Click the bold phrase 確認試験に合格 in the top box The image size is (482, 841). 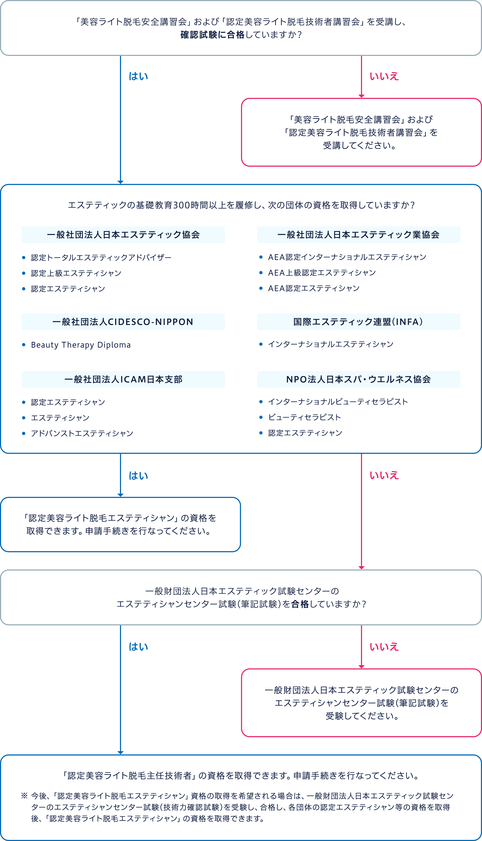[x=212, y=35]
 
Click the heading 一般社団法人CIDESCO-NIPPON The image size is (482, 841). [x=123, y=322]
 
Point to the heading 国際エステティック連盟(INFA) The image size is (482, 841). [x=358, y=322]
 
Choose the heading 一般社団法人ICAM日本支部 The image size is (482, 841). [x=123, y=379]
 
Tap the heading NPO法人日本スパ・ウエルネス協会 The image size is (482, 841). [x=359, y=379]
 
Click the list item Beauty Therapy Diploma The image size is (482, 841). [x=81, y=345]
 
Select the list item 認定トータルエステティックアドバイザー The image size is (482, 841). [x=101, y=257]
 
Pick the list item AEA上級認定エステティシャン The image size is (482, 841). [x=322, y=273]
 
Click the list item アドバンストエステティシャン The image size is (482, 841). [x=82, y=433]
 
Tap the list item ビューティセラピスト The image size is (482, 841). [x=304, y=417]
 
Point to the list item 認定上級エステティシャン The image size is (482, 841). [x=76, y=273]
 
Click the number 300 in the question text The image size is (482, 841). [x=181, y=205]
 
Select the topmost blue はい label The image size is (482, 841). [x=138, y=76]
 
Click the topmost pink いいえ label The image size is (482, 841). [x=384, y=76]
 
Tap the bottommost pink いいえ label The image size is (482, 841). [x=384, y=647]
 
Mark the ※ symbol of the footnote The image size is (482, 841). [x=24, y=796]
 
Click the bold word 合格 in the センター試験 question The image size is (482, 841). [x=300, y=604]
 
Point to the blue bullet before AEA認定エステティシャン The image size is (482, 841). [x=261, y=288]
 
